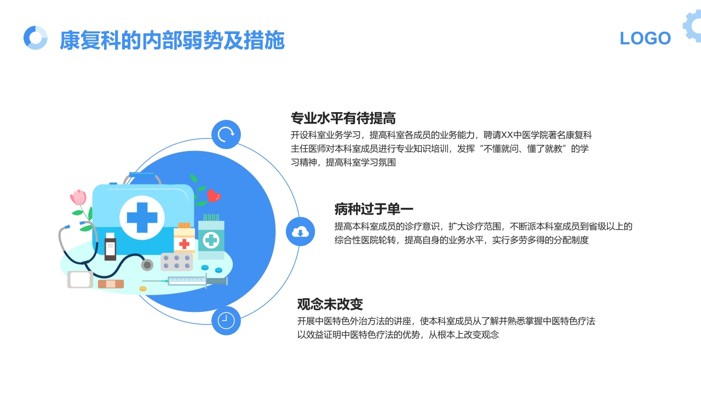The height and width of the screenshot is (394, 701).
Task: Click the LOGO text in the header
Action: coord(645,38)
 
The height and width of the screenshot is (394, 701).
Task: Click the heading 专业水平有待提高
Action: coord(343,118)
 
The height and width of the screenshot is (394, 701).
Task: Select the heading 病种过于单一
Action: coord(374,209)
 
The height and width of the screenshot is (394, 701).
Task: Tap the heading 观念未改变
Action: coord(330,304)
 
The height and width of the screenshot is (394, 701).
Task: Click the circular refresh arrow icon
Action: coord(226,135)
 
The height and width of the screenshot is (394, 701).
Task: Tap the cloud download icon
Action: coord(300,231)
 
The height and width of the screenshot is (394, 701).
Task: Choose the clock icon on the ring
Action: coord(226,321)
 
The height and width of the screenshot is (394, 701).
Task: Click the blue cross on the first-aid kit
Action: coord(142,217)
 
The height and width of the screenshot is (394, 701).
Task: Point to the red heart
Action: coord(214,195)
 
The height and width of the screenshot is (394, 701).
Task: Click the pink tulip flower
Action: coord(79,197)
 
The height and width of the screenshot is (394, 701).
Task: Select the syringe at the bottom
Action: coord(189,281)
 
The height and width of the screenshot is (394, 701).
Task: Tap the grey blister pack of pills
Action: coord(176,262)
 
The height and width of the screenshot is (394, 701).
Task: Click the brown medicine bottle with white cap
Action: coord(110,247)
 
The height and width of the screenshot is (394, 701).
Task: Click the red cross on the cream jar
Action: coord(185,244)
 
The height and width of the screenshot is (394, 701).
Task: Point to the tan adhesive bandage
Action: coord(111,284)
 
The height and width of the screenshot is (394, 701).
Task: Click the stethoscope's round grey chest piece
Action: coord(147,265)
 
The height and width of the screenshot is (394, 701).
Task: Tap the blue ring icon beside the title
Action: coord(36,38)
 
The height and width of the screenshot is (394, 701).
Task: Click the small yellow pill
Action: coord(143,288)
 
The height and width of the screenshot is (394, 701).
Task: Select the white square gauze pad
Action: coord(80,280)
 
